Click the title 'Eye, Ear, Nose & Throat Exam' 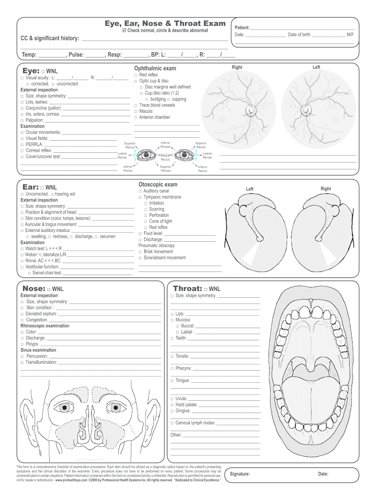pyautogui.click(x=165, y=23)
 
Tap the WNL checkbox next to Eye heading pyautogui.click(x=43, y=72)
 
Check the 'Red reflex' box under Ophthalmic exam pyautogui.click(x=136, y=75)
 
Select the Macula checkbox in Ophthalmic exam pyautogui.click(x=136, y=111)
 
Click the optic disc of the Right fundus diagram pyautogui.click(x=251, y=111)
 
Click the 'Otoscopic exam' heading pyautogui.click(x=158, y=185)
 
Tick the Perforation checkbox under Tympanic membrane pyautogui.click(x=145, y=215)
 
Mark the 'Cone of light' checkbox pyautogui.click(x=145, y=221)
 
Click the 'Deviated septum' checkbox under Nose pyautogui.click(x=22, y=314)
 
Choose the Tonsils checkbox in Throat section pyautogui.click(x=172, y=356)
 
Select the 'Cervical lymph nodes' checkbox pyautogui.click(x=172, y=423)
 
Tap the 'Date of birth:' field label pyautogui.click(x=299, y=35)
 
